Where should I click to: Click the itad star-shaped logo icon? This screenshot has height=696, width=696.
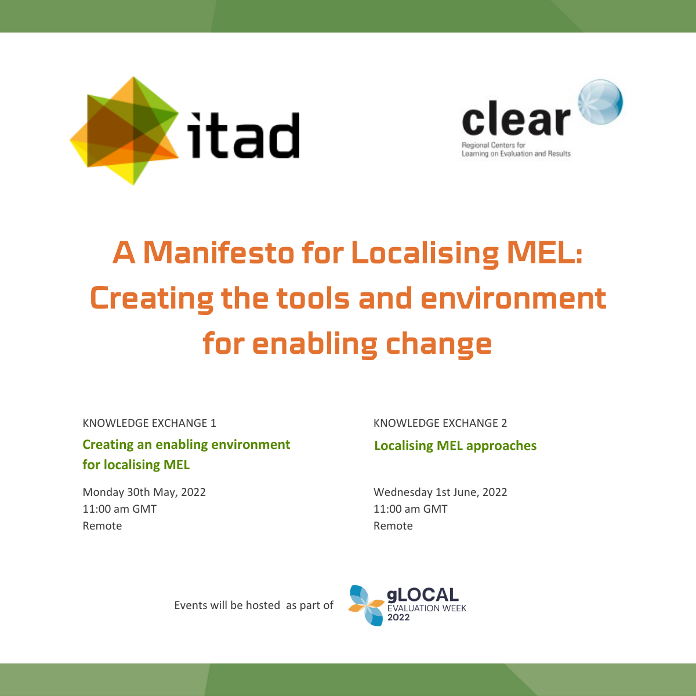[x=125, y=130]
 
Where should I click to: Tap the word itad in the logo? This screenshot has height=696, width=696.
[x=244, y=136]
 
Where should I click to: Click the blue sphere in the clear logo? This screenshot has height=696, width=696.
[x=600, y=102]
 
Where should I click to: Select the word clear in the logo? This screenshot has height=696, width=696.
[x=516, y=118]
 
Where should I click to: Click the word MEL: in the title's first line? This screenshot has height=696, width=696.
[x=545, y=252]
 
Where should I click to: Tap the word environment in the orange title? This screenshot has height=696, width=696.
[x=513, y=298]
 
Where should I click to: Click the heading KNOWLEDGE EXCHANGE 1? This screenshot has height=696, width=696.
[x=149, y=423]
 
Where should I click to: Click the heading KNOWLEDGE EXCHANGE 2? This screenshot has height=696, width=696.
[x=440, y=423]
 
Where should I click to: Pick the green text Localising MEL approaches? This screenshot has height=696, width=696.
[x=455, y=446]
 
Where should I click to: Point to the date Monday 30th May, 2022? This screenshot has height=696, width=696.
[x=144, y=492]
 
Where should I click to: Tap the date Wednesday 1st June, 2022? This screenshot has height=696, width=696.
[x=440, y=492]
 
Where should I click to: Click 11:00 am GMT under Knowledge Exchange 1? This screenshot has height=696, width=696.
[x=119, y=509]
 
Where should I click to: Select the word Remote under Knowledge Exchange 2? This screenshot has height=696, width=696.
[x=393, y=526]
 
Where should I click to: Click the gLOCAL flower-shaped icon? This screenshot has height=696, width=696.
[x=366, y=606]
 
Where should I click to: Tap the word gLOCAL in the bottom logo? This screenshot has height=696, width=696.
[x=423, y=595]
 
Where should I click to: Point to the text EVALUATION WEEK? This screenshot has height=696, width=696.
[x=427, y=608]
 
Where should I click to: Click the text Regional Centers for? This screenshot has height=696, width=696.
[x=494, y=145]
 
